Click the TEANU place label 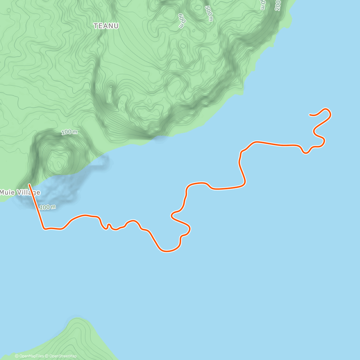106,26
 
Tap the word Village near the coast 28,192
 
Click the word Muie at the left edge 7,192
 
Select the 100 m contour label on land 69,132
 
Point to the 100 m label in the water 47,207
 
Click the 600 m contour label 182,20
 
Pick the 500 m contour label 209,14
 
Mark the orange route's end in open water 310,114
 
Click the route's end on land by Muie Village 29,184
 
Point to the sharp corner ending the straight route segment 44,229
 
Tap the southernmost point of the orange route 166,251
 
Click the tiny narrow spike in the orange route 109,224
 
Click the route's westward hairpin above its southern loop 172,215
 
